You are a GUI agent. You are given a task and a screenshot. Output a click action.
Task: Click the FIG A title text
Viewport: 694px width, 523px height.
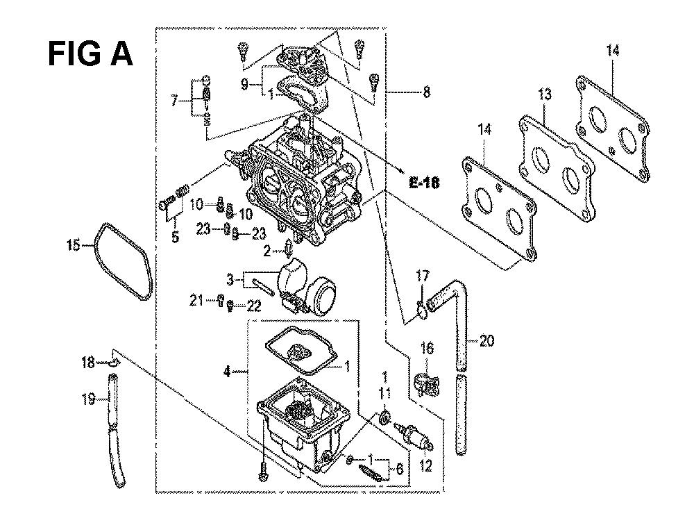coord(90,54)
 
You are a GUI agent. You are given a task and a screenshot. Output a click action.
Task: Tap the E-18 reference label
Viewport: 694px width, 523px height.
coord(424,183)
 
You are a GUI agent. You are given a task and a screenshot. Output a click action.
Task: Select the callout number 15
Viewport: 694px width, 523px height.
coord(74,245)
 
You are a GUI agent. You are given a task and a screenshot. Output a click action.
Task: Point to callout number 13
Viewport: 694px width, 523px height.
coord(545,94)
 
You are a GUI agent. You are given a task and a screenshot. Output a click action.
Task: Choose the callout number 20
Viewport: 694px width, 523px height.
coord(486,341)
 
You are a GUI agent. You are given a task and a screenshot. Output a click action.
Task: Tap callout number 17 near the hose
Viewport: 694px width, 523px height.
coord(423,276)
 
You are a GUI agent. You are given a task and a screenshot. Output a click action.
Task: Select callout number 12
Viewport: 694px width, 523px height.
coord(425,466)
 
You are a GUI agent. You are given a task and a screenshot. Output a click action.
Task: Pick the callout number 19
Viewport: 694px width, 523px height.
coord(88,399)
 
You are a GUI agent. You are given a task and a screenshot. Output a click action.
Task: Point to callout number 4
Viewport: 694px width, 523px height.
coord(227,372)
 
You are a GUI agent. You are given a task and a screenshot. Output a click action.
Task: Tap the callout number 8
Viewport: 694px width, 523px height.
coord(426,92)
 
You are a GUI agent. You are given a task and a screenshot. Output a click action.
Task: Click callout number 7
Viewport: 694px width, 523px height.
coord(174,101)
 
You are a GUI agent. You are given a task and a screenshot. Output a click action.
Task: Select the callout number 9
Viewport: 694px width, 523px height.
coord(244,84)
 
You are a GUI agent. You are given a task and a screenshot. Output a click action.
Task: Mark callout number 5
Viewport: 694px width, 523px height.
coord(176,236)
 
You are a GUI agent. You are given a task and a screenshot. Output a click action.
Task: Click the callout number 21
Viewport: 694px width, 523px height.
coord(196,301)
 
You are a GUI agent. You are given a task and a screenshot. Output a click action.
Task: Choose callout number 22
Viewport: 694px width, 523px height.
coord(253,306)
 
